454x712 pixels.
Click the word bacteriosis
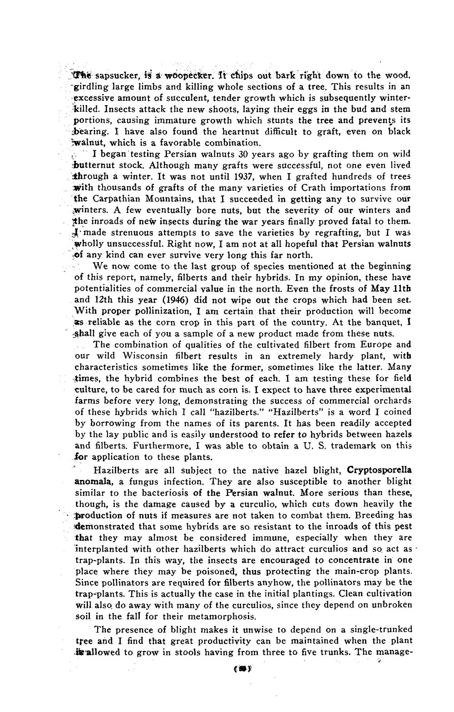[162, 493]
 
